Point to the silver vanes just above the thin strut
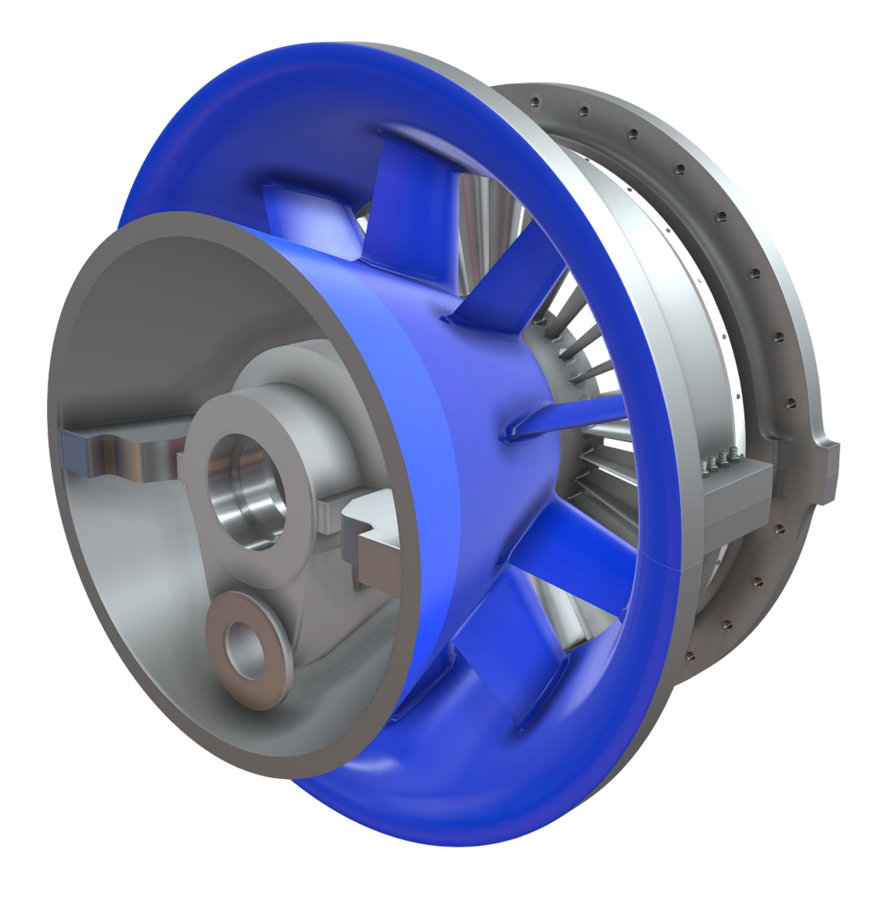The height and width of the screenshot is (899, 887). [580, 353]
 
